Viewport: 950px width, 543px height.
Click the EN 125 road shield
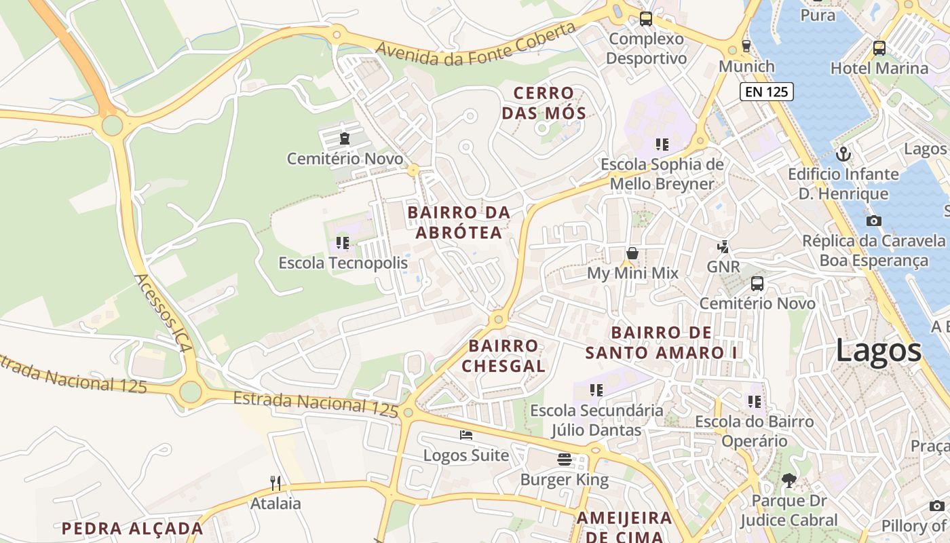point(767,92)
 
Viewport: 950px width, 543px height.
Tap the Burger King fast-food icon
point(565,460)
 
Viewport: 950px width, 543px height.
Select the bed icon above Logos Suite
point(465,435)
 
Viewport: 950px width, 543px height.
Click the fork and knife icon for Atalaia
point(275,483)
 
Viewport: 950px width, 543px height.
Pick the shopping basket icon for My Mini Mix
point(632,253)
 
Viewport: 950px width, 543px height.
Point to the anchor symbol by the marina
point(843,154)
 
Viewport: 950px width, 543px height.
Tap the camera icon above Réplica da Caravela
point(874,221)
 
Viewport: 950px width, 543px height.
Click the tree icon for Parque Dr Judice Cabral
point(788,481)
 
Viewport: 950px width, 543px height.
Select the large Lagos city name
point(878,351)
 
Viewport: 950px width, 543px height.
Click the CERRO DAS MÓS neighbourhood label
point(544,103)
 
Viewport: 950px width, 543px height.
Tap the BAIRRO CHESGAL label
point(503,356)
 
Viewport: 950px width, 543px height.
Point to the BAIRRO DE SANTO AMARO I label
point(662,343)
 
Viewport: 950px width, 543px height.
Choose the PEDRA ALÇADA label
point(132,528)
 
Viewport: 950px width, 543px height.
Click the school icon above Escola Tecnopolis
point(343,242)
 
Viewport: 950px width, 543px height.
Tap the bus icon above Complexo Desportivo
point(646,19)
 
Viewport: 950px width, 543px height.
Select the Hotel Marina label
point(879,69)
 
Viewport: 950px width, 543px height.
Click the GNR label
point(723,267)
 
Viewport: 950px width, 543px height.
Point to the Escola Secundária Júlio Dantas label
point(596,420)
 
